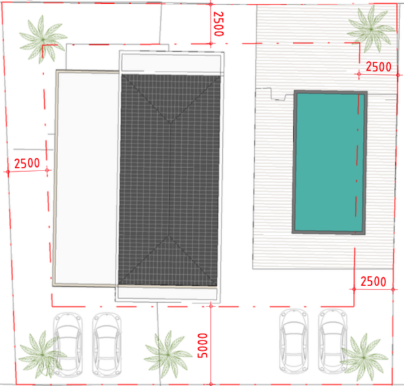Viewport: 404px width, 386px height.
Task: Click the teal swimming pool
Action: coord(330,162)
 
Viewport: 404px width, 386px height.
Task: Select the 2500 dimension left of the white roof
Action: coord(27,163)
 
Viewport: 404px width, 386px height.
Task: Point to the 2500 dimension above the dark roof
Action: coord(218,25)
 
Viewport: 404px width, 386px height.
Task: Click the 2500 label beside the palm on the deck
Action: coord(379,66)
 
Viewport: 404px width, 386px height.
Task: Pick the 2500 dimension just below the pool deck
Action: coord(374,280)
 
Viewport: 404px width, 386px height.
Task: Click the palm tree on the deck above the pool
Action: coord(369,29)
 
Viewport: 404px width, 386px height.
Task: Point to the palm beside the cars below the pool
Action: coord(364,356)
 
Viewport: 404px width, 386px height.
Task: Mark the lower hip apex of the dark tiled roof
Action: coord(169,238)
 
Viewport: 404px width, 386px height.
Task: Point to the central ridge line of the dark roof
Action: coord(170,180)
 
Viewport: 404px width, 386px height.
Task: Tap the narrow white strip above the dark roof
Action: coord(170,63)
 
